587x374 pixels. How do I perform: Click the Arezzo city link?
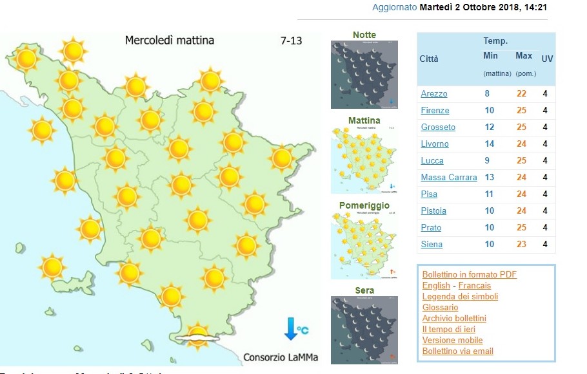click(x=433, y=94)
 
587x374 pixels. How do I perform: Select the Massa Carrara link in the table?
click(x=449, y=178)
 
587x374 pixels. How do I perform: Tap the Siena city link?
click(x=432, y=245)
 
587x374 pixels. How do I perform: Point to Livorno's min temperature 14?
click(x=488, y=144)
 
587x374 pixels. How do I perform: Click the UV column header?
click(x=547, y=59)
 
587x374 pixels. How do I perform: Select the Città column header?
click(x=429, y=59)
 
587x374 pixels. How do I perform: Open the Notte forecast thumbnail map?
click(x=364, y=75)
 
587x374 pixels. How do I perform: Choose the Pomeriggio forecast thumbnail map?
click(x=364, y=245)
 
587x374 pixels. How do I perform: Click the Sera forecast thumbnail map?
click(x=364, y=330)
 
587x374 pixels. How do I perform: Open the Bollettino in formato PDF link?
click(x=470, y=274)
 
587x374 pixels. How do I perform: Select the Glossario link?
click(x=440, y=308)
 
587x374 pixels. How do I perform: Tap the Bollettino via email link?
click(x=457, y=351)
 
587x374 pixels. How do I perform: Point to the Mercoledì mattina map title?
click(x=169, y=41)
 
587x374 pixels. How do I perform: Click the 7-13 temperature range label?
click(x=292, y=41)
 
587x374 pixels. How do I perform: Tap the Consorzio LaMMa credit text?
click(x=281, y=357)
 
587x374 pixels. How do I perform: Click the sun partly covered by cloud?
click(x=197, y=334)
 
